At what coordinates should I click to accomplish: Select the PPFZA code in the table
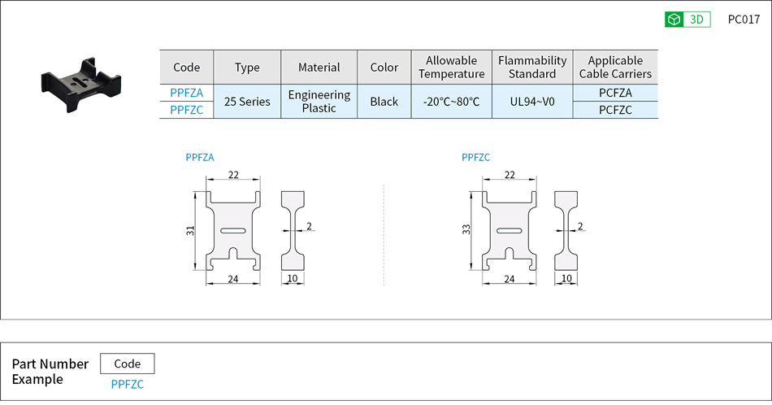pyautogui.click(x=186, y=93)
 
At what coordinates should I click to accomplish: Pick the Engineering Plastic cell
pyautogui.click(x=319, y=102)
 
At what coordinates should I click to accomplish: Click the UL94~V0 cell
pyautogui.click(x=532, y=102)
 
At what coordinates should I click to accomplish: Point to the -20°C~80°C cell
pyautogui.click(x=451, y=102)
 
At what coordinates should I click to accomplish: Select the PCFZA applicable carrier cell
pyautogui.click(x=615, y=93)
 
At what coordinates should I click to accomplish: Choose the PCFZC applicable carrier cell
pyautogui.click(x=615, y=110)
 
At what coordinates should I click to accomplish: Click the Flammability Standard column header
pyautogui.click(x=532, y=67)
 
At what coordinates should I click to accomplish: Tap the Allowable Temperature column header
pyautogui.click(x=451, y=67)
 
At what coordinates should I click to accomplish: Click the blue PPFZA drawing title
pyautogui.click(x=200, y=158)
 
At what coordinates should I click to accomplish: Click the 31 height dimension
pyautogui.click(x=189, y=231)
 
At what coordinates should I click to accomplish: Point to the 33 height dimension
pyautogui.click(x=466, y=231)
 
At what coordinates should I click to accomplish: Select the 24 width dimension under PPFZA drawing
pyautogui.click(x=233, y=279)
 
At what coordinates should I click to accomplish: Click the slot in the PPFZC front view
pyautogui.click(x=510, y=232)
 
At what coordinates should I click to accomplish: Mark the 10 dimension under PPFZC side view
pyautogui.click(x=566, y=279)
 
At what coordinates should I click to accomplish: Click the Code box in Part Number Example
pyautogui.click(x=127, y=364)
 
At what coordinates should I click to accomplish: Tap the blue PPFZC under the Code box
pyautogui.click(x=127, y=384)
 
